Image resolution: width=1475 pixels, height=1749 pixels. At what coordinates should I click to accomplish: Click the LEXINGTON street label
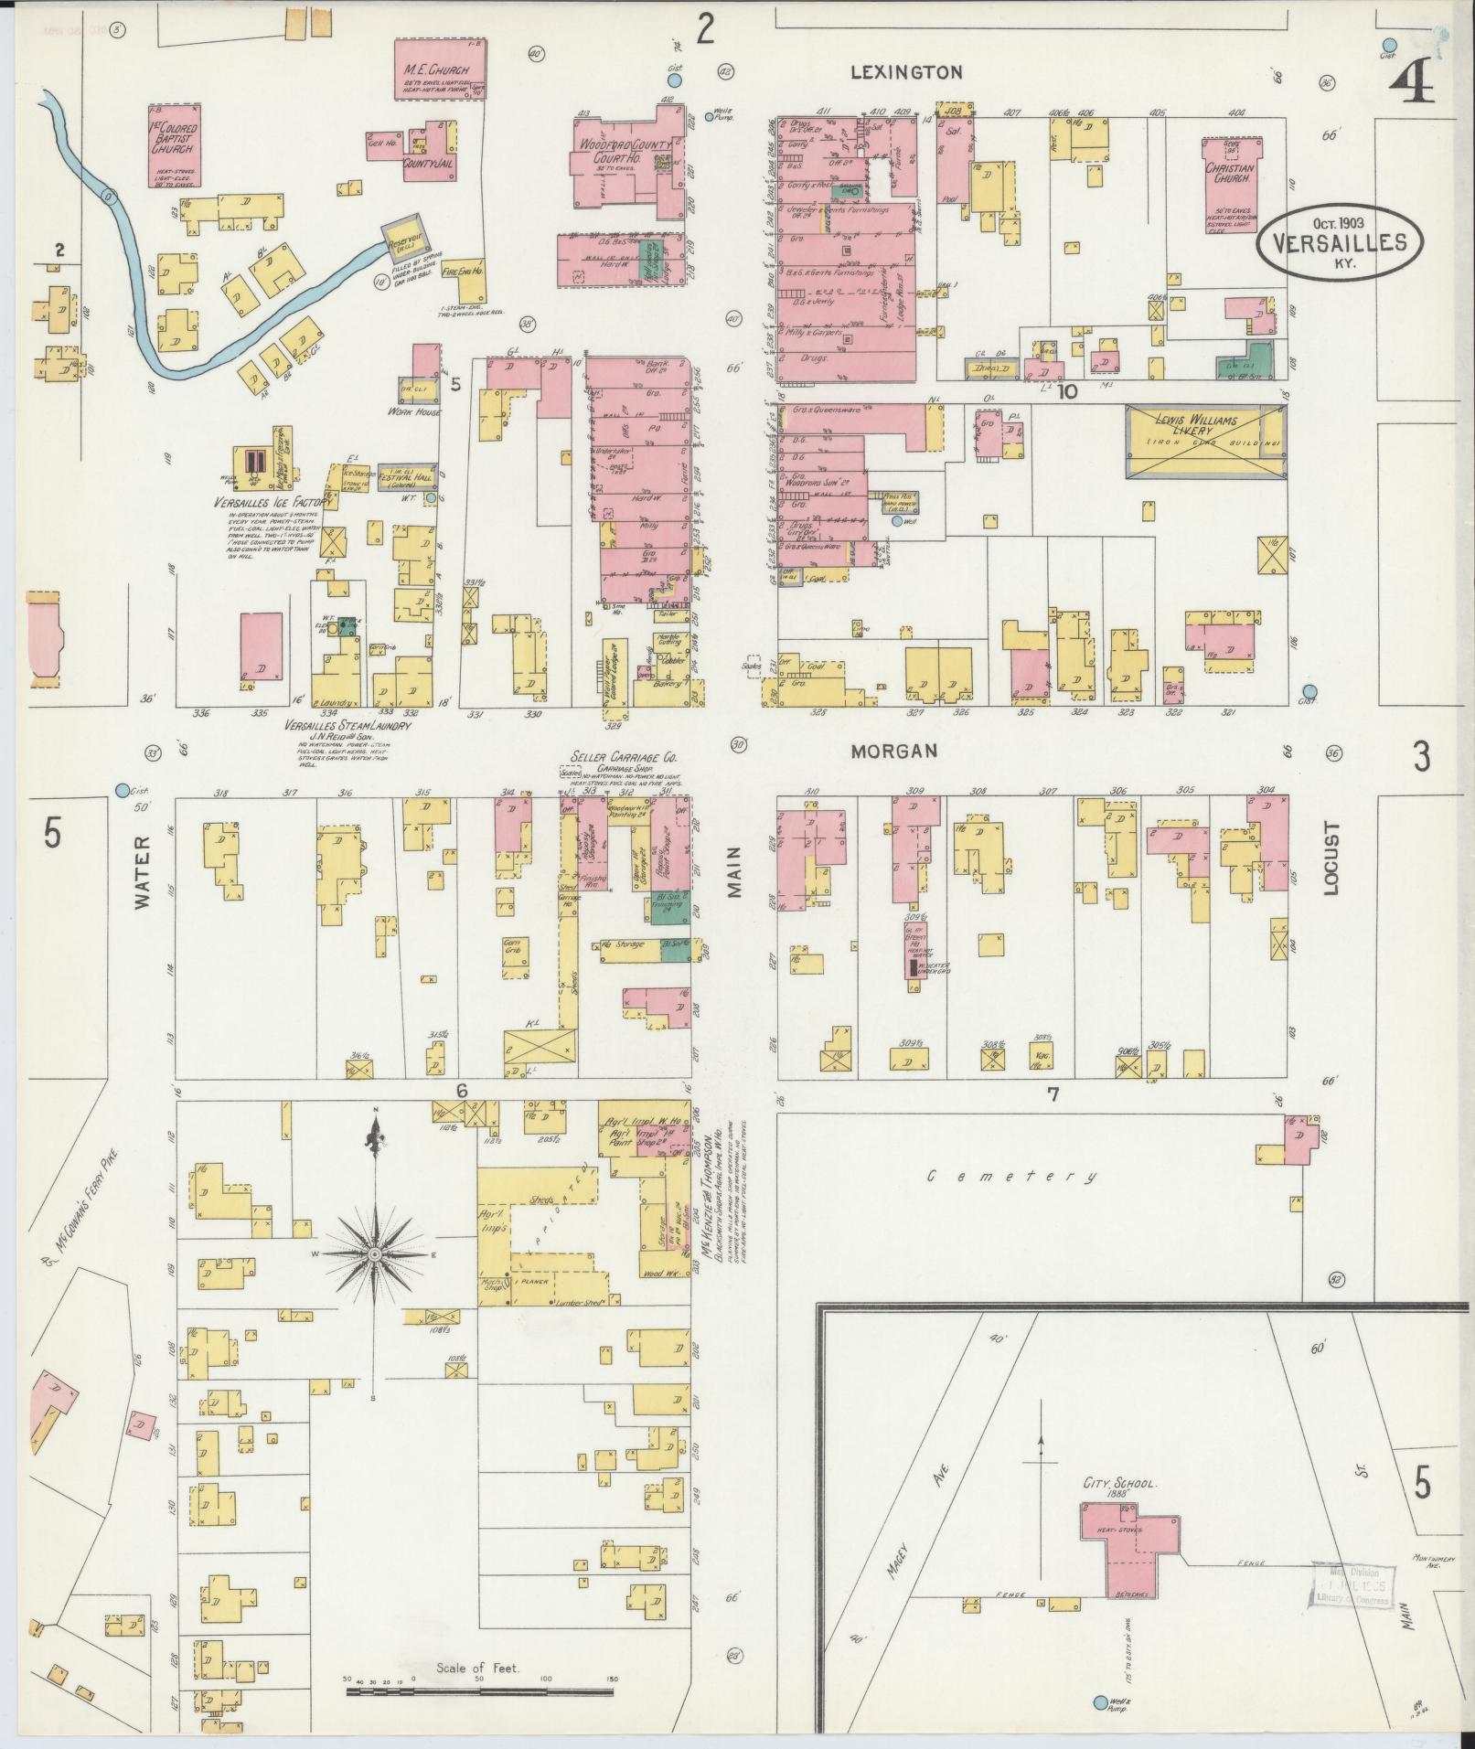click(906, 72)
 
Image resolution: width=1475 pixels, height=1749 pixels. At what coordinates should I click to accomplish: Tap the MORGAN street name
click(894, 752)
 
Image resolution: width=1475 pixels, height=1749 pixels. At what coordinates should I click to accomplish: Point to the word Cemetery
click(1010, 1176)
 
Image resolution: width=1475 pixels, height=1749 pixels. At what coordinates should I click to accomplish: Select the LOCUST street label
click(1331, 859)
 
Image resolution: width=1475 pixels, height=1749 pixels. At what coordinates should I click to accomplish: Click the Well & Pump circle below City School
click(1100, 1701)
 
